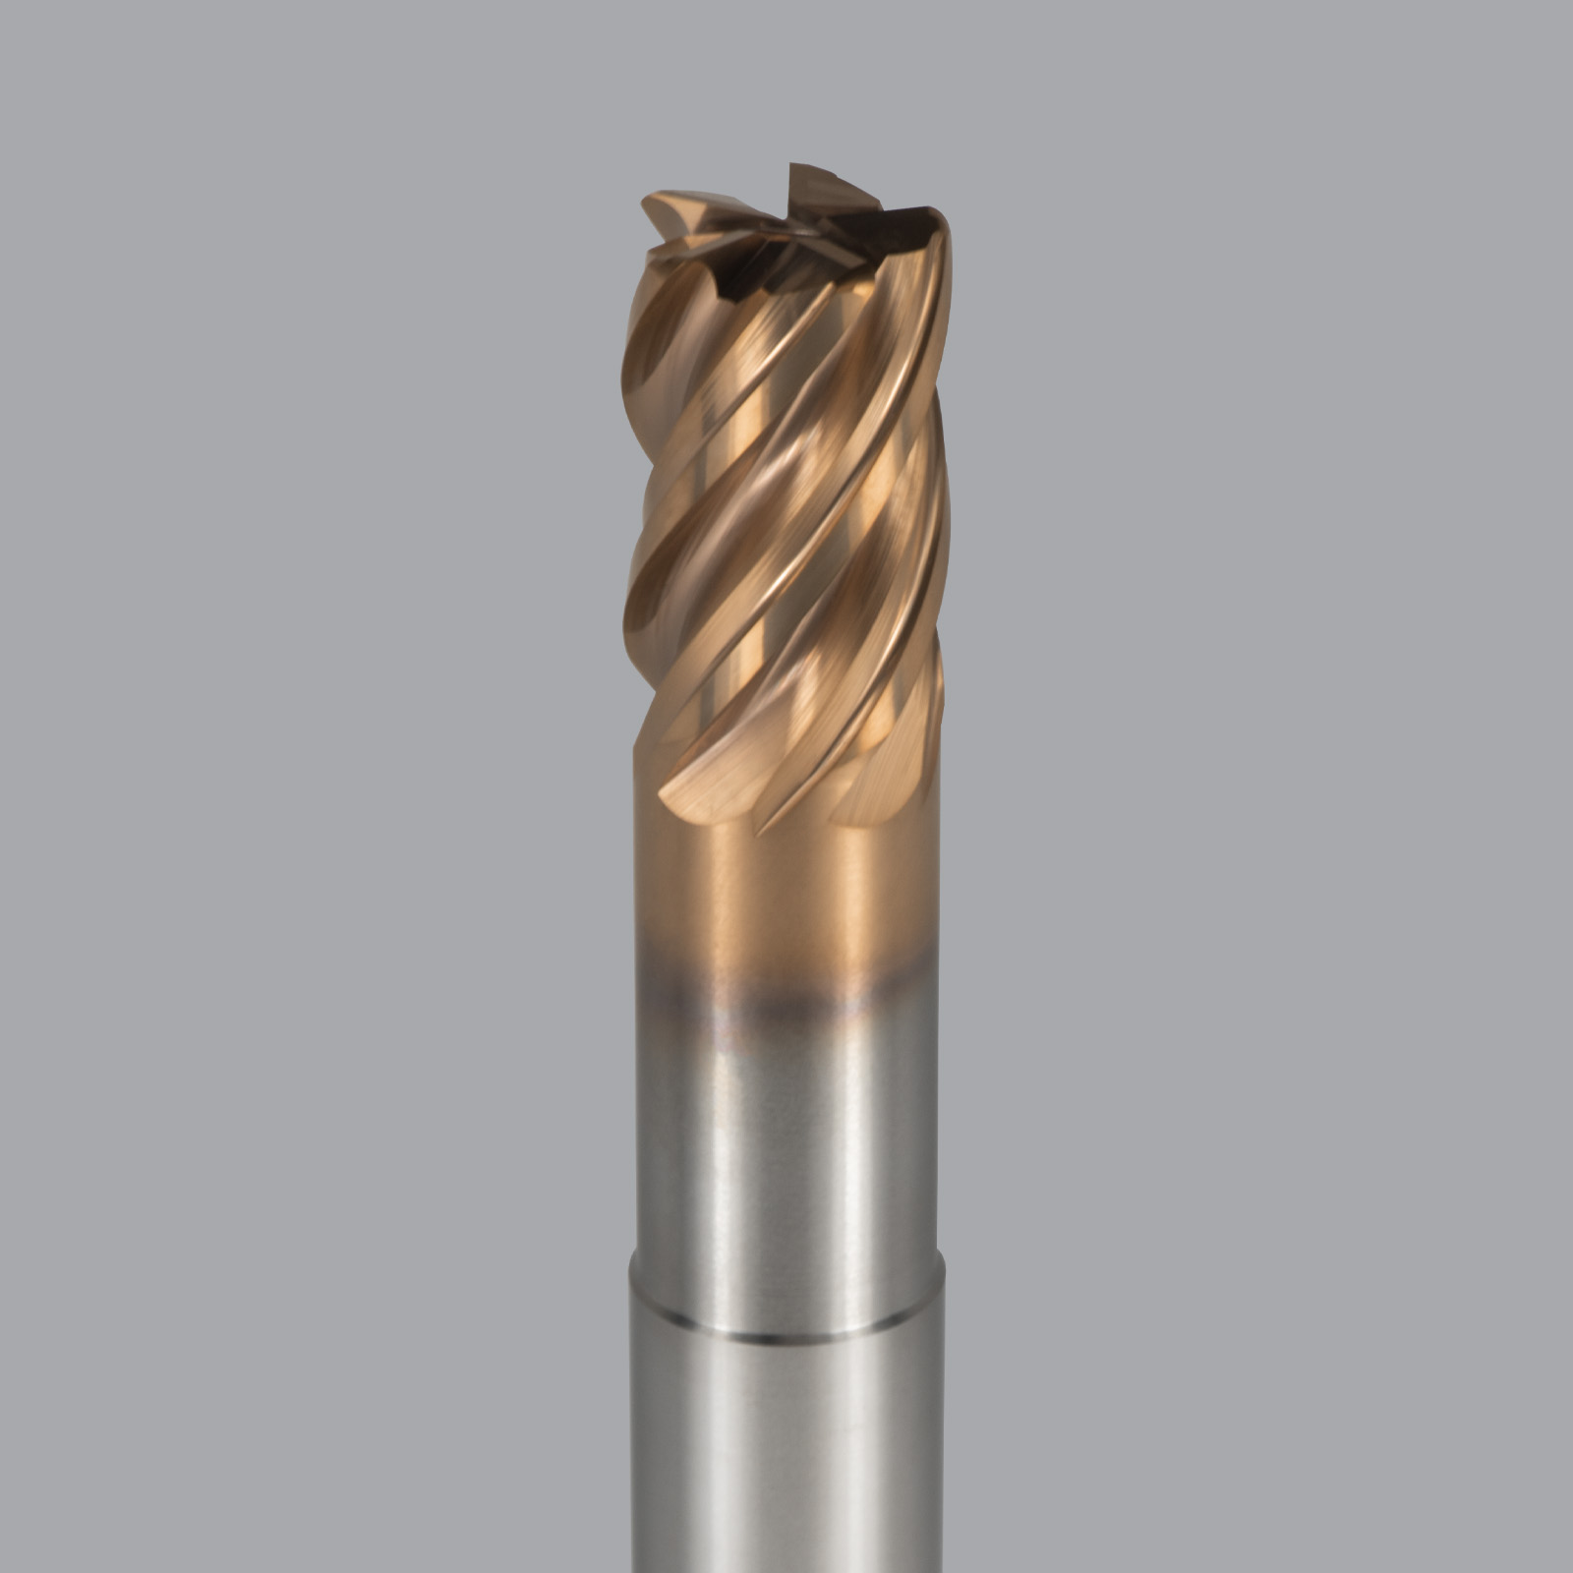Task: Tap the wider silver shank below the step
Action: pos(786,1455)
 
